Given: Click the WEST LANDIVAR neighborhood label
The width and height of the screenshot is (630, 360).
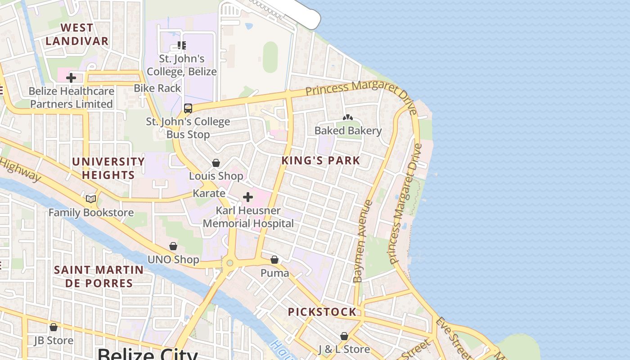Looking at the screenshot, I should pos(76,34).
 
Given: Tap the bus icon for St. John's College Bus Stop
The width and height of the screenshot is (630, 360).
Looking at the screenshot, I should pos(188,108).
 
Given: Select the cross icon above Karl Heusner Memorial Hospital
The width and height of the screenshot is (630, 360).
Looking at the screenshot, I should pos(247,197).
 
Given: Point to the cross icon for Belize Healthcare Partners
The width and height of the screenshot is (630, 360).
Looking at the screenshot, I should pos(71,78).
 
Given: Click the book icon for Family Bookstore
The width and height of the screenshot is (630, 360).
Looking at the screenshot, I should pos(91,199).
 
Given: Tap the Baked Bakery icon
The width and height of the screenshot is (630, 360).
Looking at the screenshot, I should pos(348,117).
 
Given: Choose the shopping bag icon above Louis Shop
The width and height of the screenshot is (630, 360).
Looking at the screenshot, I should pos(216,163).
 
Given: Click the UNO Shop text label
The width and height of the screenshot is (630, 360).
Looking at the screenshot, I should pos(173,260).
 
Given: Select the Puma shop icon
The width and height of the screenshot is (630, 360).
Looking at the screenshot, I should pos(274,260).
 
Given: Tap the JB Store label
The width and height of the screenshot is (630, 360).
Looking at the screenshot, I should pos(54,341).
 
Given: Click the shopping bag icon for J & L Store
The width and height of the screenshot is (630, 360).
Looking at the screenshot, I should pos(344,336).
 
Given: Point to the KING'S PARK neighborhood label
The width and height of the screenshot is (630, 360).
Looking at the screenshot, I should pos(321,160).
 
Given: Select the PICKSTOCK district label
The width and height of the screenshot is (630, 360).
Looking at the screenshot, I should pos(322,312).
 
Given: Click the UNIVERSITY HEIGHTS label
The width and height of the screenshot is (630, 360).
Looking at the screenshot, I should pos(108,168).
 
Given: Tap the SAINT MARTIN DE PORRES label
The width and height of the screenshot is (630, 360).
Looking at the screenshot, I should pos(99,276).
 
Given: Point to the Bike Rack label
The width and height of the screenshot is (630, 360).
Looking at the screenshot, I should pos(157,88).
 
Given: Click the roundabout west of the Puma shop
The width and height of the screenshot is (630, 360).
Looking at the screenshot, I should pos(230,263).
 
